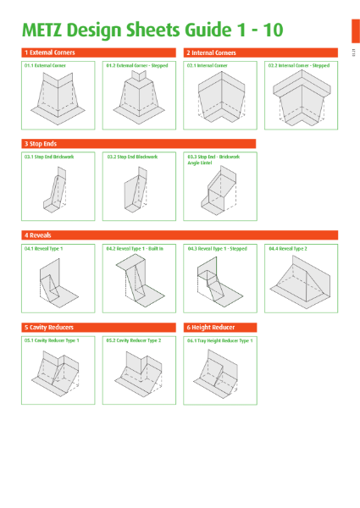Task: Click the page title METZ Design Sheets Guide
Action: pyautogui.click(x=152, y=30)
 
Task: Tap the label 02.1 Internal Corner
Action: pyautogui.click(x=208, y=64)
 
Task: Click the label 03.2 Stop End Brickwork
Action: pyautogui.click(x=132, y=157)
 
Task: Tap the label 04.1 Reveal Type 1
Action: pyautogui.click(x=44, y=249)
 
